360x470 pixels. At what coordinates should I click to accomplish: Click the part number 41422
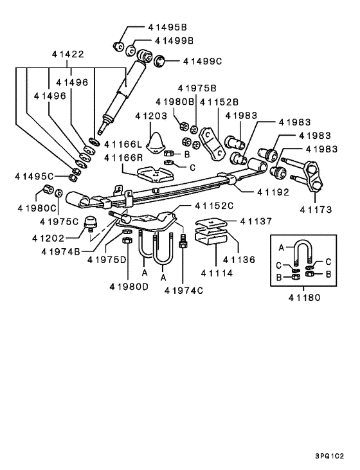click(x=69, y=56)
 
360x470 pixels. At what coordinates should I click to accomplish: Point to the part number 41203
click(x=151, y=116)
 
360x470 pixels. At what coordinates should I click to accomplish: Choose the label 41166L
click(x=123, y=144)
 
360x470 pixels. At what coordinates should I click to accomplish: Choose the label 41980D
click(x=129, y=285)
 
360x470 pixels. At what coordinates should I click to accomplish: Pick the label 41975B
click(x=197, y=88)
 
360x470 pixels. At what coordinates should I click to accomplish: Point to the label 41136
click(x=239, y=260)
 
